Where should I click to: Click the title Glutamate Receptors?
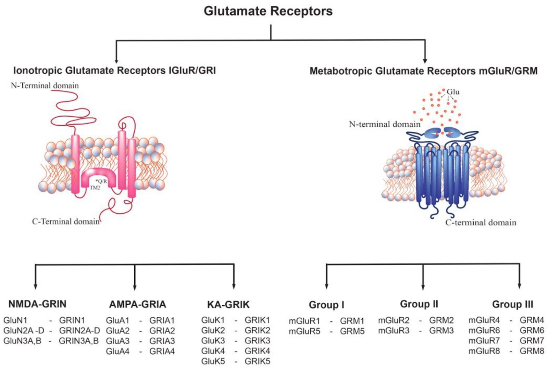(x=268, y=11)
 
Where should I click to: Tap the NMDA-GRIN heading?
(x=37, y=304)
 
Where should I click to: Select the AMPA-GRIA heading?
(x=137, y=304)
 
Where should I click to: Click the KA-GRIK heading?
(x=228, y=305)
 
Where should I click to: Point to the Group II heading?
(x=419, y=304)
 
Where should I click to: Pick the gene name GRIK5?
(x=257, y=361)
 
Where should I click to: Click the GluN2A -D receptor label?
(x=24, y=331)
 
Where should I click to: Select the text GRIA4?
(x=162, y=351)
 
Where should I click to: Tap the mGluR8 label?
(x=484, y=351)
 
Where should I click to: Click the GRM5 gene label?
(x=352, y=331)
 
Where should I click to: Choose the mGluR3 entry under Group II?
(x=394, y=331)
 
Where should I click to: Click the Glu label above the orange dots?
(x=453, y=92)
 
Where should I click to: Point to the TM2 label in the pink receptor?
(x=95, y=188)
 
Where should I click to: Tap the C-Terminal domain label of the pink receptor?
(x=66, y=221)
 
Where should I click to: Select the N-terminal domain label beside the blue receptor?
(x=384, y=124)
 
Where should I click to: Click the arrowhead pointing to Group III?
(x=519, y=286)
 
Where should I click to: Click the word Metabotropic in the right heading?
(x=341, y=71)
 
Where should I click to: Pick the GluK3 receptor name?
(x=213, y=341)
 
